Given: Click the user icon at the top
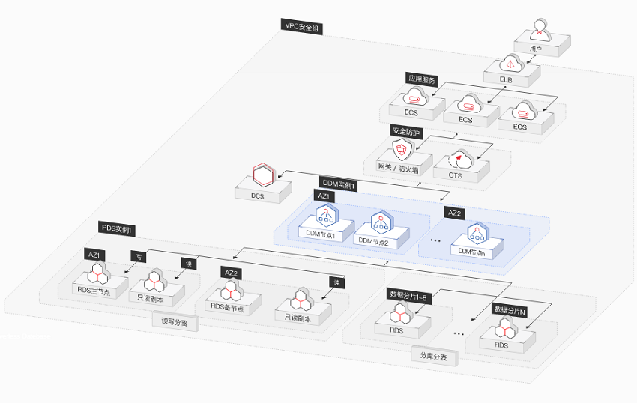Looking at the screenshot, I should [536, 32].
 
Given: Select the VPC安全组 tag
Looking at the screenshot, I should [303, 26].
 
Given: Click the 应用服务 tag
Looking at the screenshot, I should [421, 78].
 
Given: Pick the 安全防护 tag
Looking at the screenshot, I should [406, 131].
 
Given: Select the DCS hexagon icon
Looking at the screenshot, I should [263, 175].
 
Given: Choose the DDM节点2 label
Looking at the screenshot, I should [372, 241].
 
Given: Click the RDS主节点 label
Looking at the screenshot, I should [94, 291].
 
